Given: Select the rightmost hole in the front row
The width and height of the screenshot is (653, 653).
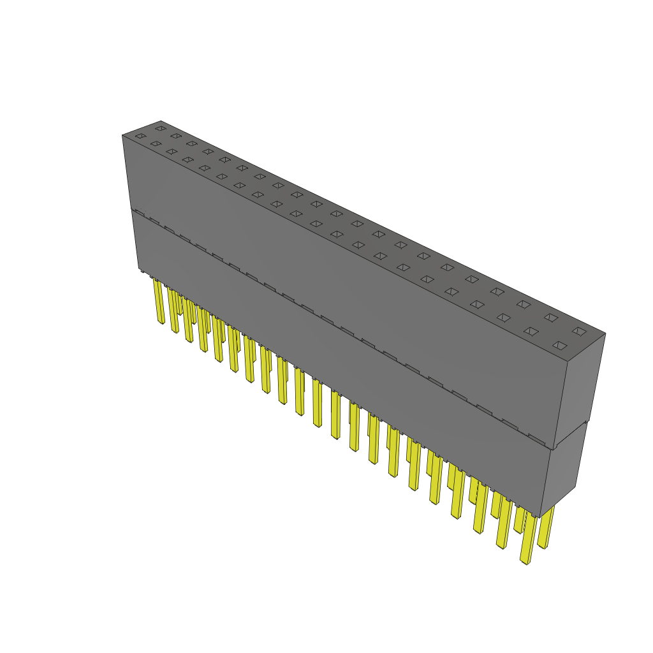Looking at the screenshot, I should point(559,346).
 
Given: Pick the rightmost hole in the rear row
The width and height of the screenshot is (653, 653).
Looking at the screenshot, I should point(578,331).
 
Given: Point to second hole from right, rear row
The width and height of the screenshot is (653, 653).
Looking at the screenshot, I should point(550,317).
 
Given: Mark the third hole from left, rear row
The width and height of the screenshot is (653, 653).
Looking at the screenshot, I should point(192,143).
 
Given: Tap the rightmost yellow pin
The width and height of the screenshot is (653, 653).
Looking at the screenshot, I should point(545,527).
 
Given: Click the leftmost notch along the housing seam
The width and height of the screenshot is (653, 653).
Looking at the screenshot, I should point(139,213).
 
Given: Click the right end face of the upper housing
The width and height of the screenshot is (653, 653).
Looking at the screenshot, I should point(580,389).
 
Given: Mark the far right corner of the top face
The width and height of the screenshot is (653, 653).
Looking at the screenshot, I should point(605,333).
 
